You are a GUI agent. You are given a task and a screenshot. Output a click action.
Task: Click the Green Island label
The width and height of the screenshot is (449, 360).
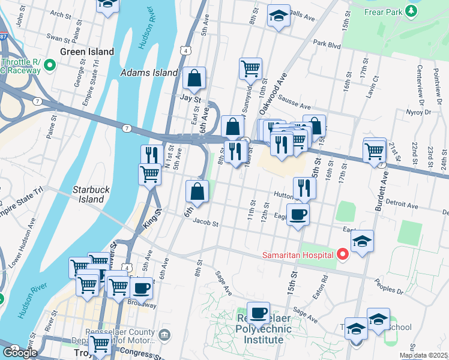point(87,52)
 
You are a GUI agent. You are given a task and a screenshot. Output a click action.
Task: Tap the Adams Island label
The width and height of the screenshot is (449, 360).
point(149,73)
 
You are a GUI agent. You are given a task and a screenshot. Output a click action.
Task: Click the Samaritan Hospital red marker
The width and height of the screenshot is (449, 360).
point(342,254)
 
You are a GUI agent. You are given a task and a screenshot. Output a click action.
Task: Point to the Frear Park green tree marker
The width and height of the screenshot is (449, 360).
point(411,11)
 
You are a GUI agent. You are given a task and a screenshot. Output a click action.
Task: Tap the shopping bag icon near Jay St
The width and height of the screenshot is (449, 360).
point(194,77)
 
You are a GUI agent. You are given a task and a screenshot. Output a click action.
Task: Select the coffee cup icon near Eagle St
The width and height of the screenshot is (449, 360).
point(298,214)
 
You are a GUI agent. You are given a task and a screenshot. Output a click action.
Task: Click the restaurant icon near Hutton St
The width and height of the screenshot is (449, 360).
point(305,188)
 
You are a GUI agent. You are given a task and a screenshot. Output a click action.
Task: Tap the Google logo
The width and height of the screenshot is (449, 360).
point(19,353)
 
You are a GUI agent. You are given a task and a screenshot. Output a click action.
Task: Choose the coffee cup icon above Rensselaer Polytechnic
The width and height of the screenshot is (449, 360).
point(258,312)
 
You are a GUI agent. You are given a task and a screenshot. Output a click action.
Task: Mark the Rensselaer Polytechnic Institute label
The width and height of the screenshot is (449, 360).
point(259,329)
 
